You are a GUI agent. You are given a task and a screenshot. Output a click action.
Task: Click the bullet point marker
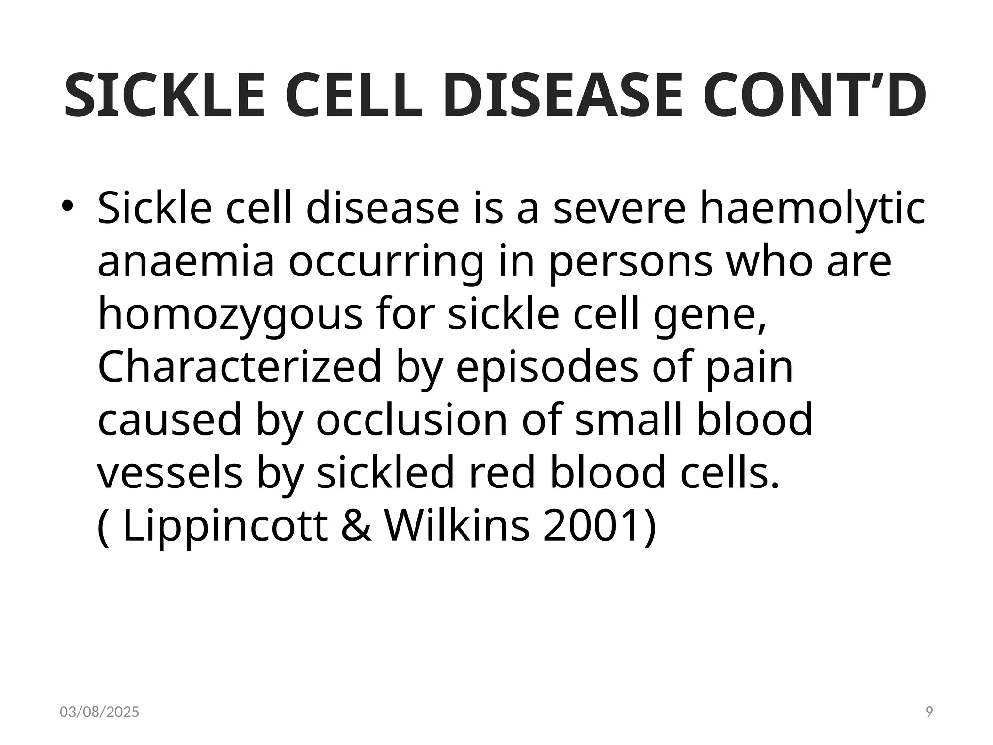click(66, 207)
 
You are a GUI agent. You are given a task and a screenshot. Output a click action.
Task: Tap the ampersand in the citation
click(357, 526)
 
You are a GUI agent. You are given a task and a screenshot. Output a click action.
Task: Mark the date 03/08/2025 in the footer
click(99, 712)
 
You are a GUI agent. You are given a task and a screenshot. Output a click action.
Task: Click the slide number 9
click(929, 712)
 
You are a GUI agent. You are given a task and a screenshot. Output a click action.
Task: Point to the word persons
click(631, 263)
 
